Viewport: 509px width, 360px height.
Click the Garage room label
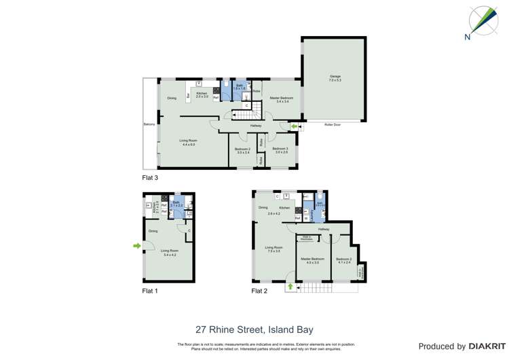[x=335, y=76]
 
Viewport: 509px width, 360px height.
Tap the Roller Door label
[x=333, y=125]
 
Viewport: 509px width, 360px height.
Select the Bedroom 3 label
[x=281, y=149]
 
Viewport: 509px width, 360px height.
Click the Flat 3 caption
[x=150, y=178]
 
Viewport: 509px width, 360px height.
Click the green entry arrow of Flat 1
[x=138, y=245]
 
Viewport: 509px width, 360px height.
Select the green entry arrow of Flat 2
[x=290, y=286]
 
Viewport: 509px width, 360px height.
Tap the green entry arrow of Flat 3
[x=293, y=126]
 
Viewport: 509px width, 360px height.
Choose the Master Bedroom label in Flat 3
[x=280, y=98]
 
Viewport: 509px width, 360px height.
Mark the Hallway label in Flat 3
[x=256, y=126]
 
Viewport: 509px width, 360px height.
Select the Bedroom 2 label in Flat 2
[x=344, y=259]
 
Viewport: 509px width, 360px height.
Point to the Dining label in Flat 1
[x=153, y=231]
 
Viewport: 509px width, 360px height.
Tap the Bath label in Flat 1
[x=176, y=202]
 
